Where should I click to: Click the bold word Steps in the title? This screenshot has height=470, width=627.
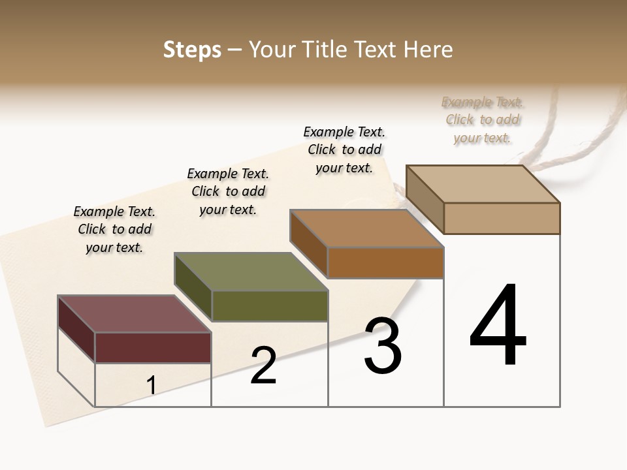click(191, 50)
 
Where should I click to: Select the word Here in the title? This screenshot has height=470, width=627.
click(428, 50)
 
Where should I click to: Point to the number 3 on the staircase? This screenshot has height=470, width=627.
click(383, 346)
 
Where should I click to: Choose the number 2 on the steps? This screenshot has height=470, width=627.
click(263, 366)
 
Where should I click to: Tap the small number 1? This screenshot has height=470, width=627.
click(152, 386)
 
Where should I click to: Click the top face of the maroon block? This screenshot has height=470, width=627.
click(134, 314)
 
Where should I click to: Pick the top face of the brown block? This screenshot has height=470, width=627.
click(366, 229)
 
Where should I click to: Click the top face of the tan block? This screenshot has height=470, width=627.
click(483, 184)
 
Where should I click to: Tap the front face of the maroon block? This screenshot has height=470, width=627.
click(153, 347)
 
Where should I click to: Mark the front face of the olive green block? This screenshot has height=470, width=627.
click(269, 305)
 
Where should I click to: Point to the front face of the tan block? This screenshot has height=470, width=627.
click(502, 218)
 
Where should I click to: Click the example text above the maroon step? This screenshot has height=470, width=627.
click(114, 229)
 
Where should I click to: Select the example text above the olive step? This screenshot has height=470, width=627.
click(228, 191)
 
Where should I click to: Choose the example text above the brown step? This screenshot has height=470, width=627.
click(344, 149)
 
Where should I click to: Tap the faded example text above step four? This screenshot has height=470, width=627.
click(483, 119)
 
